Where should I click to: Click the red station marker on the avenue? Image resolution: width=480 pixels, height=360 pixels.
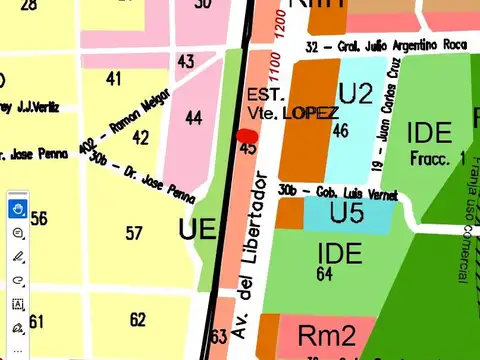pos(247,136)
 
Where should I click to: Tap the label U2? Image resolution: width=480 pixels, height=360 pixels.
pos(355,94)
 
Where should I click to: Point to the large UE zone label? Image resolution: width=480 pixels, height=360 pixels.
pos(197,229)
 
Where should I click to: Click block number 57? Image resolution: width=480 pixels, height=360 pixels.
pos(134,233)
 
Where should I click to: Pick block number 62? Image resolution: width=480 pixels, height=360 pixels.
pos(137,320)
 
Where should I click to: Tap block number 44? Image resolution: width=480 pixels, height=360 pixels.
pos(194,119)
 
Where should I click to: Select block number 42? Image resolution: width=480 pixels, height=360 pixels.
pos(141,138)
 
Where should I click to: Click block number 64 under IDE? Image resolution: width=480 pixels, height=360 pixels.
pos(324,272)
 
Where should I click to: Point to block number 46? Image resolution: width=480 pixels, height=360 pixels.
pos(340,130)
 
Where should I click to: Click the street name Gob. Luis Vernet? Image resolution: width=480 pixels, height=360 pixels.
pos(338,191)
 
